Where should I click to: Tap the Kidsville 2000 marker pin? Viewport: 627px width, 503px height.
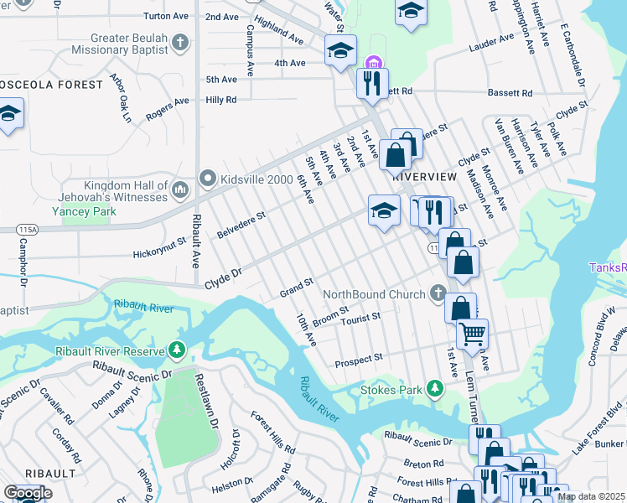coord(207,178)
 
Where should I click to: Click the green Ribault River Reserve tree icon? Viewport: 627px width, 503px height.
coord(176,350)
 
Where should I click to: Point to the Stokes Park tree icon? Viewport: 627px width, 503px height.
coord(434,387)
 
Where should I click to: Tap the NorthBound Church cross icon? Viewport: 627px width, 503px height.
coord(437,293)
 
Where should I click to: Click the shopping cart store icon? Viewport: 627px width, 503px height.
coord(472,334)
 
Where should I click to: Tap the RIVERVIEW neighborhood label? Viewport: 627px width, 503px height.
coord(424,177)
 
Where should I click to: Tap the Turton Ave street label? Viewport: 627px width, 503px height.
coord(165,16)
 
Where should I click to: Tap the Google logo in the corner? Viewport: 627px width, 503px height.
coord(28,493)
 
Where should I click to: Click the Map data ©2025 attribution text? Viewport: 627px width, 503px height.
coord(591,496)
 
